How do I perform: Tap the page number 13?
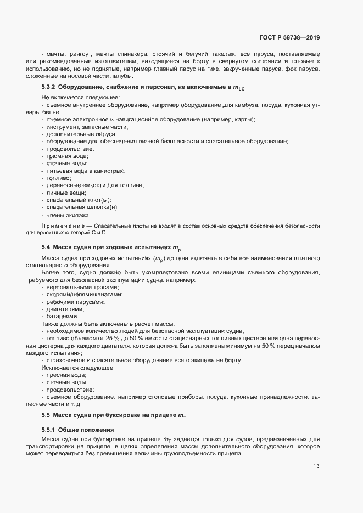coord(316,466)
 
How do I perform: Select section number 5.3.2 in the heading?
coord(50,88)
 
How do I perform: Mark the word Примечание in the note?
coord(65,226)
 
